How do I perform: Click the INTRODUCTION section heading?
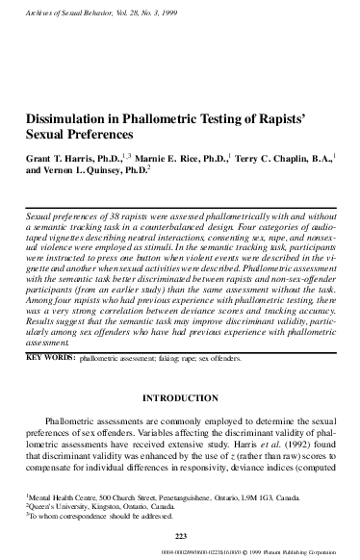[179, 395]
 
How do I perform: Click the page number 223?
[179, 534]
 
